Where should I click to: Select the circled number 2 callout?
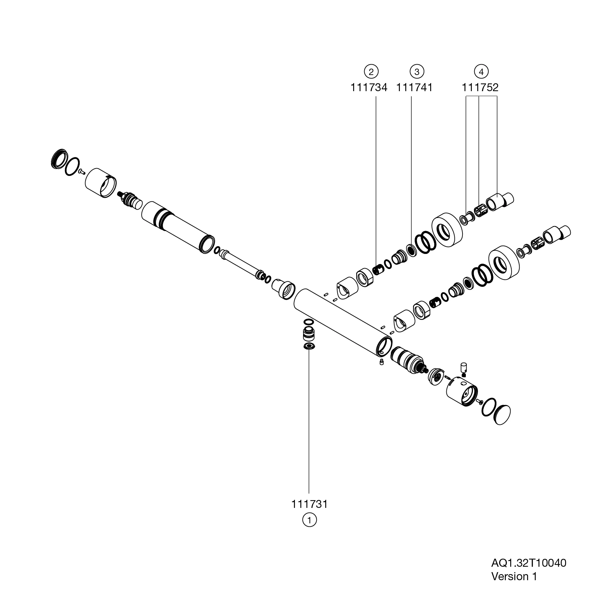(371, 71)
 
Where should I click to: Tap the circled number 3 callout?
(417, 71)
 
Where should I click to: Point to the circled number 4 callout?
(481, 71)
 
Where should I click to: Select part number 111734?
(369, 88)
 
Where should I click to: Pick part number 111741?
(414, 88)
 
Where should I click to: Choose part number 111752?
(480, 88)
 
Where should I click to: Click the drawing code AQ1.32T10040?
(529, 563)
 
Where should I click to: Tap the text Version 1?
(514, 576)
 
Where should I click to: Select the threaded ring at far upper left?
(59, 158)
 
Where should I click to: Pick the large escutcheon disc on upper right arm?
(447, 231)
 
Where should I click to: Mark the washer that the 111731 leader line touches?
(309, 346)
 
